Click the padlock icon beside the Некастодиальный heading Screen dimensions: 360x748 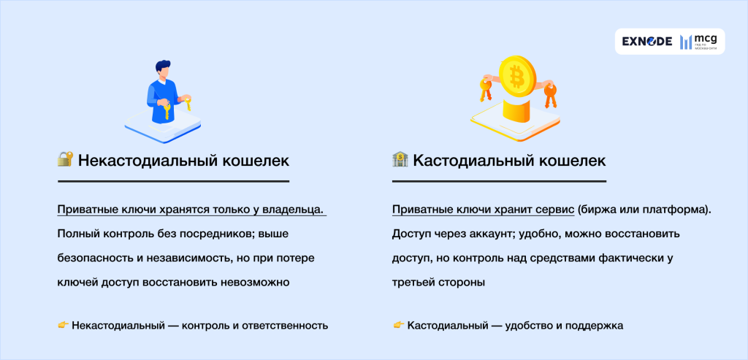65,159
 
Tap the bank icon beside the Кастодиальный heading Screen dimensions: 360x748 400,159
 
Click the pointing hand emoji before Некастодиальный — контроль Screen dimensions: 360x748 63,325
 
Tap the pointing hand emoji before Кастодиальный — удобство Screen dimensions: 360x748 398,325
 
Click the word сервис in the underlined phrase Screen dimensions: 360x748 553,210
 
